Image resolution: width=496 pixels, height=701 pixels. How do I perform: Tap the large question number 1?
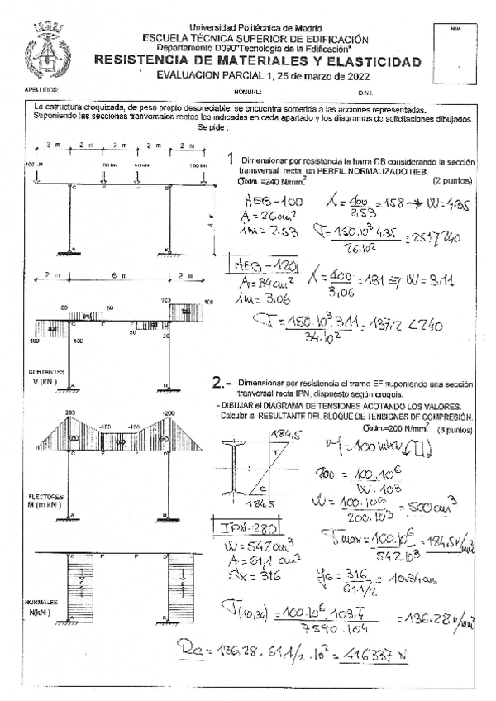(x=230, y=160)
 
